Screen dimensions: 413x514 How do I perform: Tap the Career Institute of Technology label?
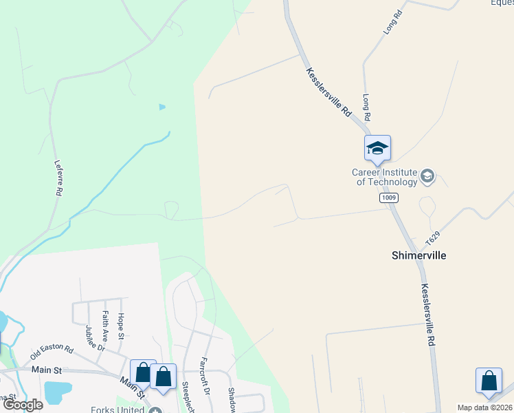[385, 177]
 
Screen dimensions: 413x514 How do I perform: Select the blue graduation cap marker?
[377, 148]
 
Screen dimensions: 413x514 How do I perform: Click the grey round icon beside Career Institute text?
[427, 177]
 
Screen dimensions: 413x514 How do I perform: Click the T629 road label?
[432, 239]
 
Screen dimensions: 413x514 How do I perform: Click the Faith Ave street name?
[105, 326]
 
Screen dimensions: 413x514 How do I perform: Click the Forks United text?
[118, 410]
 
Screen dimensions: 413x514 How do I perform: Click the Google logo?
[23, 405]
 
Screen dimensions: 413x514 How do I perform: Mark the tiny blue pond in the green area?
[162, 107]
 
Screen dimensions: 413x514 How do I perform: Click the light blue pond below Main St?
[56, 391]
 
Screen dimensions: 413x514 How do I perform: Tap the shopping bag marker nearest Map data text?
[489, 381]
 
